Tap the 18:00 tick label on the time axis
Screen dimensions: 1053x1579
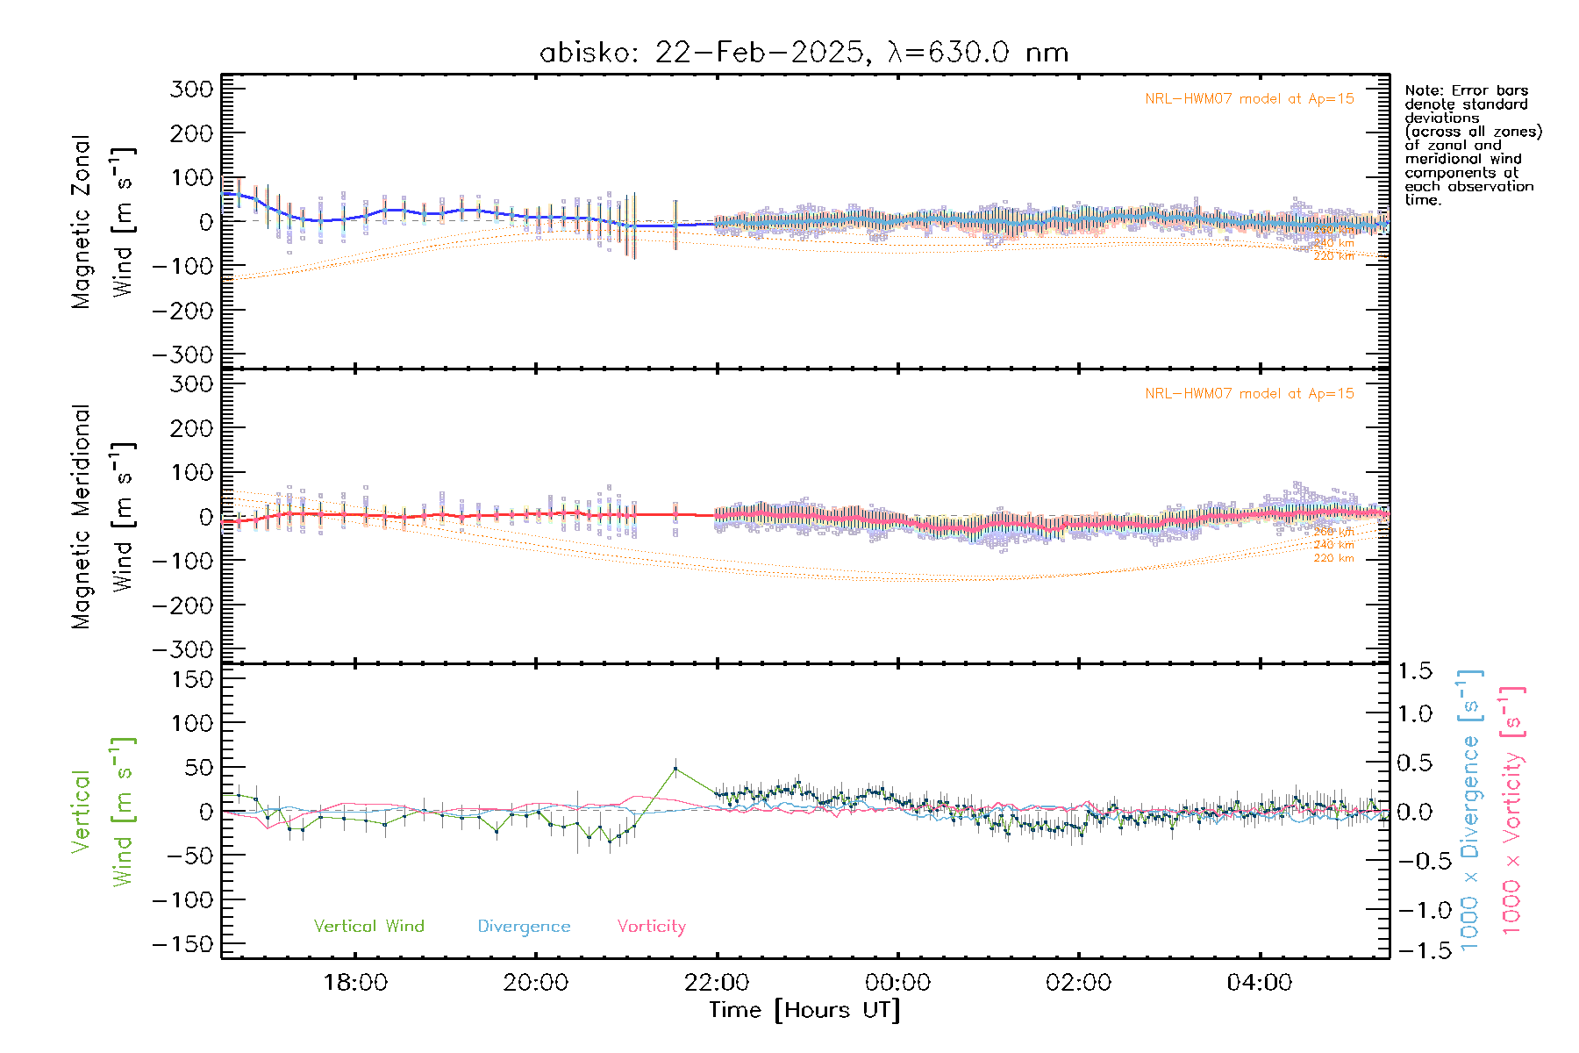point(355,982)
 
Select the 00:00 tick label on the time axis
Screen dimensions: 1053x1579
point(897,982)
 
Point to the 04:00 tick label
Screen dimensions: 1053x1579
point(1259,982)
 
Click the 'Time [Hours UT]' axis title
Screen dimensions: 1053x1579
point(804,1010)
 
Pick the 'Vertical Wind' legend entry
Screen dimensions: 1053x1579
point(368,926)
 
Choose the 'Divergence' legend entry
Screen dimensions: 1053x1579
point(524,926)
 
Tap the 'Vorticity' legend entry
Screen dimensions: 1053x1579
point(651,926)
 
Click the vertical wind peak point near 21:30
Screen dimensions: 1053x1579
point(675,769)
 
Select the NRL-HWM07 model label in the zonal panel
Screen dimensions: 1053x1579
point(1249,98)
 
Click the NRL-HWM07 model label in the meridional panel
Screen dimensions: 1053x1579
point(1249,393)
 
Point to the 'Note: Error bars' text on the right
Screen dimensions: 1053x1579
point(1466,90)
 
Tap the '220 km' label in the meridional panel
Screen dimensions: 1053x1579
point(1333,558)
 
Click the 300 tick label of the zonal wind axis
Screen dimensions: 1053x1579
point(191,89)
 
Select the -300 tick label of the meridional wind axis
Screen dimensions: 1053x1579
point(183,649)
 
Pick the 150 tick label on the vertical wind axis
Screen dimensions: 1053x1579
point(191,678)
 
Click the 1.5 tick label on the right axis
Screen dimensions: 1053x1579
point(1414,671)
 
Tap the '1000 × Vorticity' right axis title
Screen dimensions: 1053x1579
point(1512,811)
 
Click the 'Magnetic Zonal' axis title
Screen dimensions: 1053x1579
point(81,221)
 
